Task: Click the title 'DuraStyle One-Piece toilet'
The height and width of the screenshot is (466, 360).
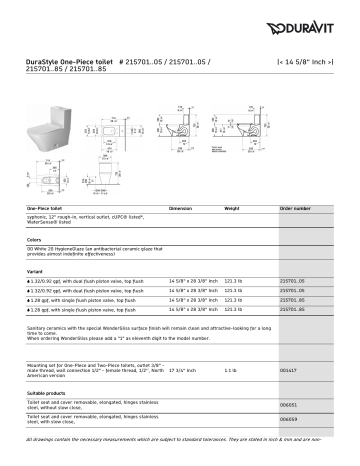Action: pos(62,62)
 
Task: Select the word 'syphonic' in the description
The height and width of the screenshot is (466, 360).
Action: pos(39,217)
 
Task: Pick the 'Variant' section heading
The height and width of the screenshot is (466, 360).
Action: pos(35,271)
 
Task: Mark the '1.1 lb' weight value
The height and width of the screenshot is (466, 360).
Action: pos(231,370)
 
